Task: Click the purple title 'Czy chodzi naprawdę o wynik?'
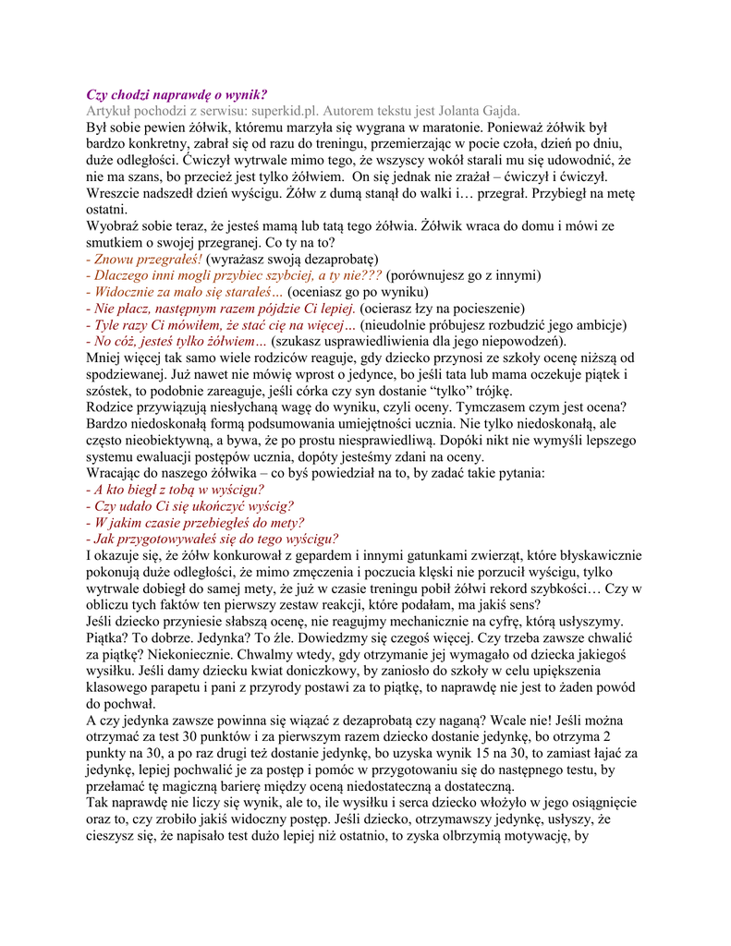pyautogui.click(x=177, y=94)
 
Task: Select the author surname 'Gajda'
pyautogui.click(x=499, y=111)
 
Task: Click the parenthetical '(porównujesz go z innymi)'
pyautogui.click(x=464, y=275)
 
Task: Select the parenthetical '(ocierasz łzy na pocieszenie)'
pyautogui.click(x=443, y=309)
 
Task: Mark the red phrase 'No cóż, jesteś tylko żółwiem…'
pyautogui.click(x=176, y=341)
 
